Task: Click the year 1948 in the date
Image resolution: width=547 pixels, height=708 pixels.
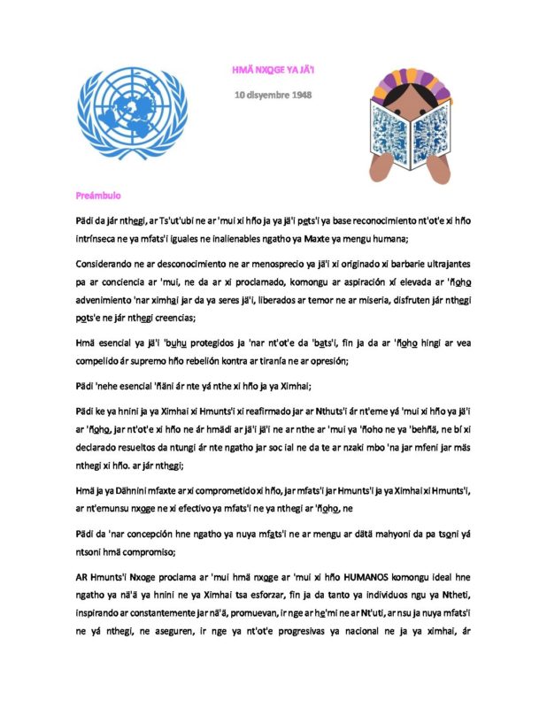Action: [299, 93]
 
